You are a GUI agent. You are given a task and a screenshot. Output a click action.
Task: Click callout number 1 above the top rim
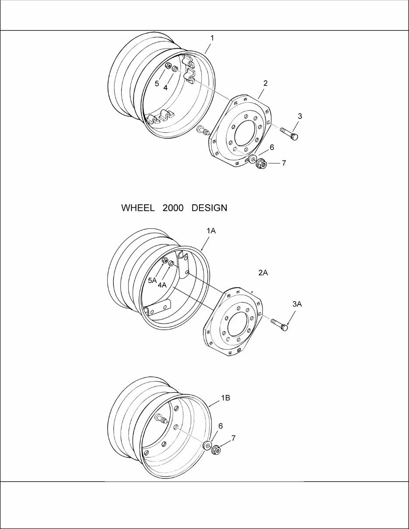tap(212, 38)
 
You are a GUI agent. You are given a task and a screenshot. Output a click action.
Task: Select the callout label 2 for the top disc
tap(266, 82)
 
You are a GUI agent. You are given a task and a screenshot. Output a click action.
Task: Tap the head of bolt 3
tap(294, 137)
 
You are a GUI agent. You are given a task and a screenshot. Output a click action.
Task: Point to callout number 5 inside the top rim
tap(157, 83)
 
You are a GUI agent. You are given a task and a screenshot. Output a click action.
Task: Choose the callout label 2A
tap(263, 272)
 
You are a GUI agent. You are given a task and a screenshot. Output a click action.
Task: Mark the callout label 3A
tap(297, 304)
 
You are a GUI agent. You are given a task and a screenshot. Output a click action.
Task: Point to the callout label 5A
tap(152, 280)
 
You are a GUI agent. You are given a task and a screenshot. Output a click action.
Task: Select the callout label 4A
tap(162, 285)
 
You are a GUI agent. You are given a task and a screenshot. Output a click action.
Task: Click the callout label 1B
tap(225, 398)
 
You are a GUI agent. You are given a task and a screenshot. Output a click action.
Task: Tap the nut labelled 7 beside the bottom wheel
tap(216, 450)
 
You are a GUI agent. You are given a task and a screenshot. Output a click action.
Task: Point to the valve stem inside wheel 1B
tap(160, 420)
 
